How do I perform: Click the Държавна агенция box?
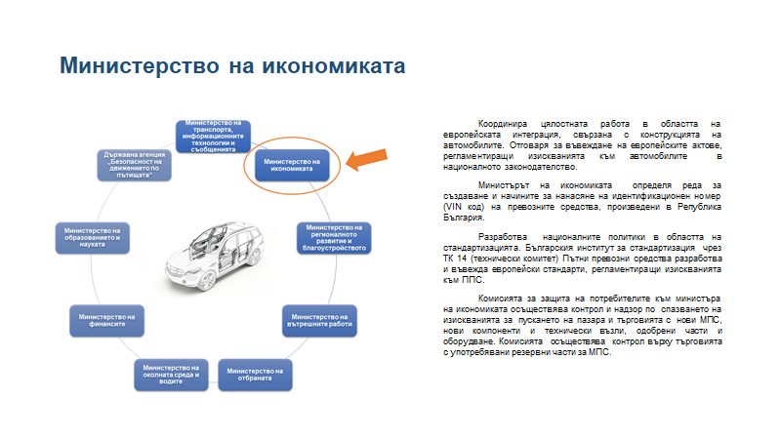pyautogui.click(x=137, y=164)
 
